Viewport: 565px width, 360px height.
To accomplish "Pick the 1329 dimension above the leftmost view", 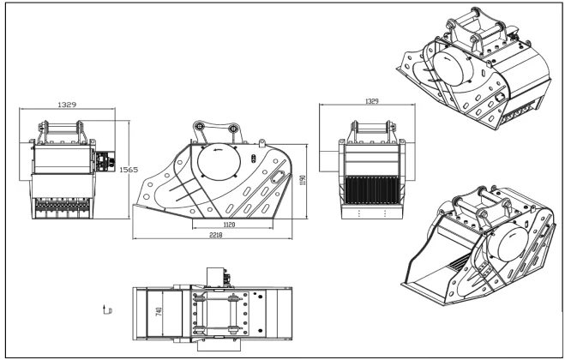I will pos(67,104).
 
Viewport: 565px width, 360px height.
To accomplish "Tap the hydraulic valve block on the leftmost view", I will pos(105,160).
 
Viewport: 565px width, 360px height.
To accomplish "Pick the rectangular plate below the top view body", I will pos(213,348).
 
